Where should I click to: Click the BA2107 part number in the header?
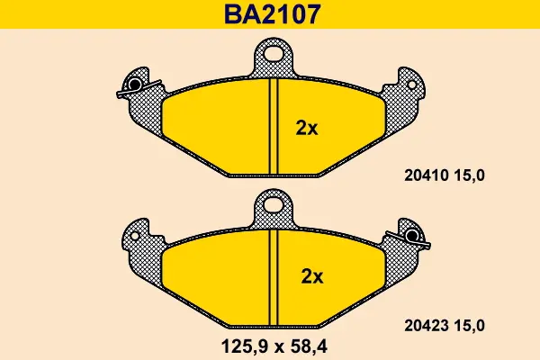coord(273,14)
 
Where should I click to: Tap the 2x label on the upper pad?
coord(307,128)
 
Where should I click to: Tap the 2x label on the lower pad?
coord(312,276)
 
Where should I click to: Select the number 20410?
coord(426,175)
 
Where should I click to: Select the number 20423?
coord(426,326)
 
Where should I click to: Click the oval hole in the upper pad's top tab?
coord(274,53)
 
